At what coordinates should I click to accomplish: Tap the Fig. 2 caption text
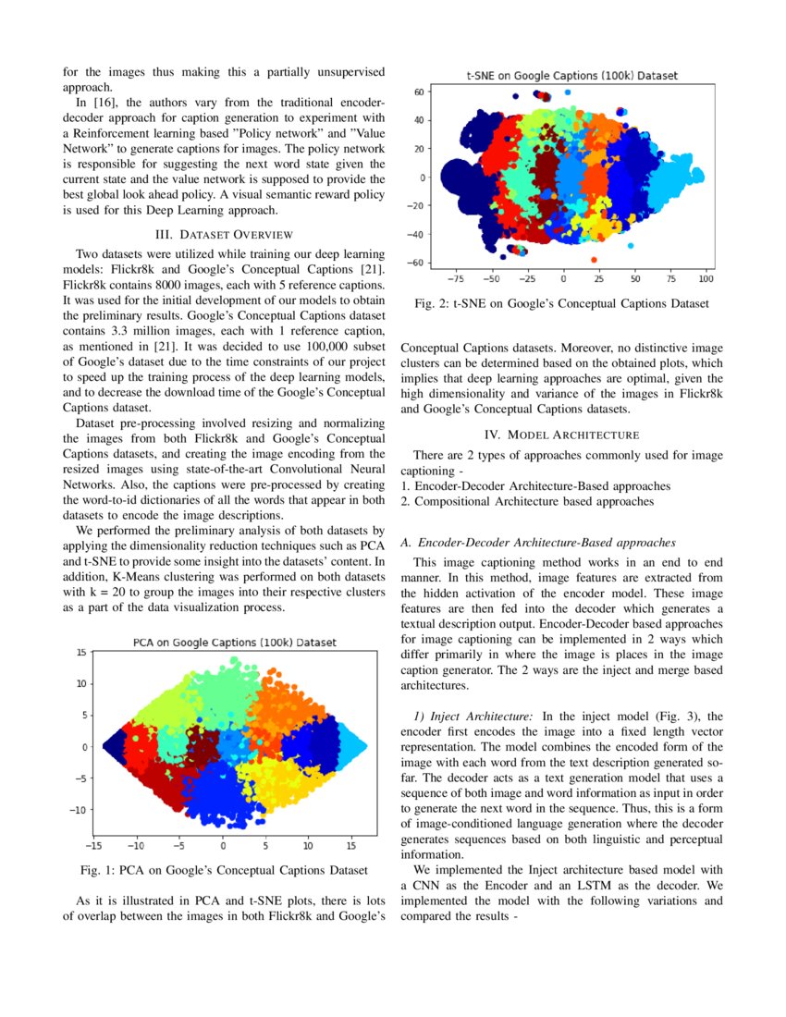pyautogui.click(x=562, y=303)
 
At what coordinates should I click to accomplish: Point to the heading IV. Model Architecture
pyautogui.click(x=562, y=435)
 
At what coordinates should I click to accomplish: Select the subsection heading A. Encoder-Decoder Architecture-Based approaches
pyautogui.click(x=538, y=542)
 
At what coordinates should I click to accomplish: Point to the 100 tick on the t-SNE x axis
pyautogui.click(x=706, y=276)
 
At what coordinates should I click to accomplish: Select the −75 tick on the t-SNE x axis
pyautogui.click(x=455, y=276)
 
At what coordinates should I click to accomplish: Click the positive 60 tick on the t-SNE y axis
pyautogui.click(x=418, y=92)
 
